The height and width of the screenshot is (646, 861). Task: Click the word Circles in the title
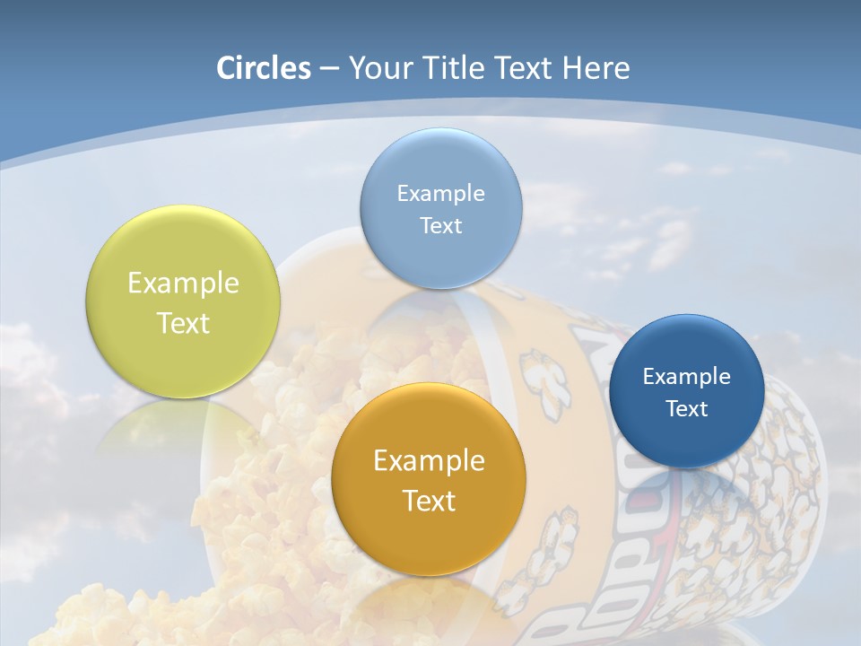(264, 68)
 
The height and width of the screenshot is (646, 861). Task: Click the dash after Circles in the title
(329, 69)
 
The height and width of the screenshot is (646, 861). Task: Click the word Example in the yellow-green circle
(183, 284)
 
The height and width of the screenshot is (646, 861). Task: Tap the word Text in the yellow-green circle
(183, 323)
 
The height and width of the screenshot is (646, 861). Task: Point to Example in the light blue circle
(440, 193)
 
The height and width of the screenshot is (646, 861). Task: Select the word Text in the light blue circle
(440, 225)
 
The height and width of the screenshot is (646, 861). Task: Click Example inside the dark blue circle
(687, 376)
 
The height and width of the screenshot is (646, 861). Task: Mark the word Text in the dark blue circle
(687, 408)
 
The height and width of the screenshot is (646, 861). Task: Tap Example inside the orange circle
(429, 461)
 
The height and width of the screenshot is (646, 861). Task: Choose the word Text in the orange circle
(429, 501)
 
